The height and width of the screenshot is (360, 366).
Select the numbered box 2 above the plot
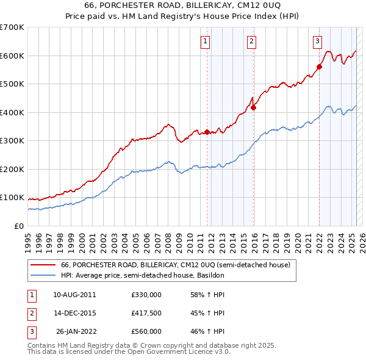[x=251, y=41]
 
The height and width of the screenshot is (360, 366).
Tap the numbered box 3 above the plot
[x=317, y=41]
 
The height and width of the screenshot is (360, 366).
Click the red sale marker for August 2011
[x=207, y=132]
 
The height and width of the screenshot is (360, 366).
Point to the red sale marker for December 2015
[x=254, y=107]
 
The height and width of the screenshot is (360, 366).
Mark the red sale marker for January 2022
[x=319, y=67]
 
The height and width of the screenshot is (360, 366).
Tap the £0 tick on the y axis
[x=18, y=226]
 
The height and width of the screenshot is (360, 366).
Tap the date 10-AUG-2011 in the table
[x=74, y=295]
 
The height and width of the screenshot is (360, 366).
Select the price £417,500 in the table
[x=146, y=313]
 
